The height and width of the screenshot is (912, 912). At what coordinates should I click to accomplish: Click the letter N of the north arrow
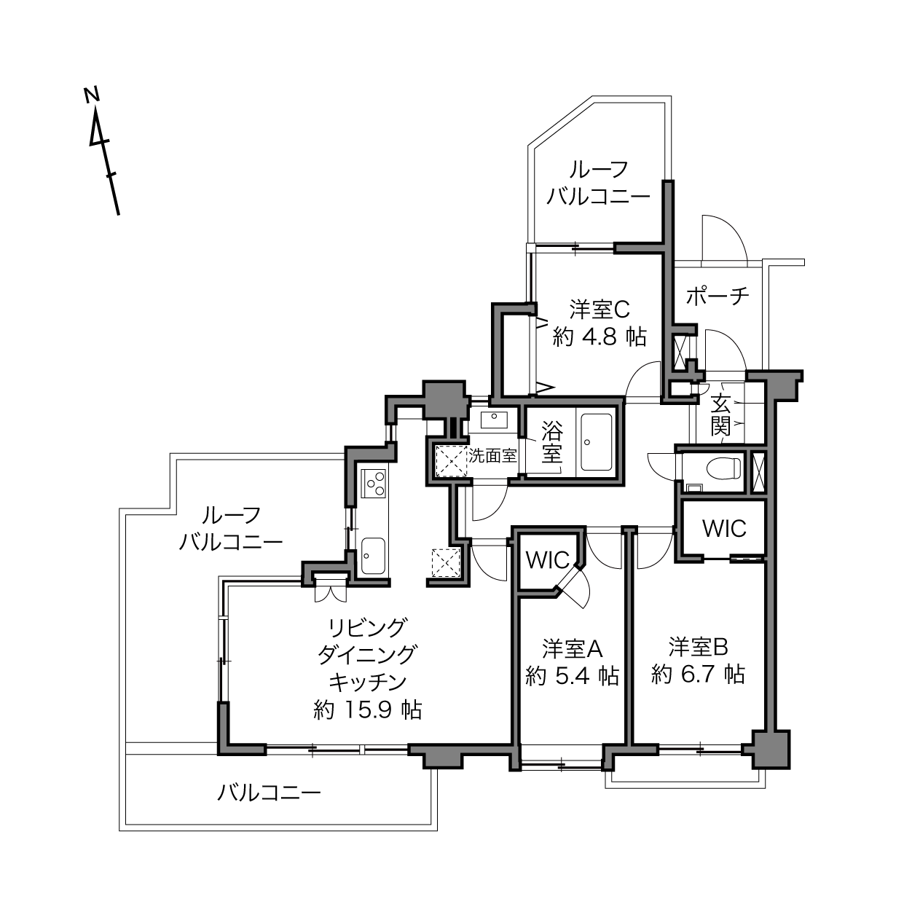tap(92, 95)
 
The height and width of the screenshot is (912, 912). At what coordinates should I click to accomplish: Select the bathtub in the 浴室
tap(597, 442)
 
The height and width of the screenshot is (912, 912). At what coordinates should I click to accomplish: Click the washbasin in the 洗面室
tap(494, 419)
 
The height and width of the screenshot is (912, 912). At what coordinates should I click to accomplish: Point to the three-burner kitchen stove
tap(374, 483)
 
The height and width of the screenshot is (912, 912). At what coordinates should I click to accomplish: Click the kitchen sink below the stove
tap(373, 556)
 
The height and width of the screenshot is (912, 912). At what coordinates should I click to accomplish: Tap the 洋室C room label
tap(600, 310)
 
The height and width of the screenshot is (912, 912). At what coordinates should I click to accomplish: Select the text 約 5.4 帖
tap(573, 676)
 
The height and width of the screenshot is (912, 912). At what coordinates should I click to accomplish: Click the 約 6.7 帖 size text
tap(698, 674)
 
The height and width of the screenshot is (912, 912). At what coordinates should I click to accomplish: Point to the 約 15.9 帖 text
tap(368, 709)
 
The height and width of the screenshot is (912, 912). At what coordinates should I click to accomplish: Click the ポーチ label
tap(718, 296)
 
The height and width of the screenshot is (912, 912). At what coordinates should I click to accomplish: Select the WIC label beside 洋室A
tap(548, 560)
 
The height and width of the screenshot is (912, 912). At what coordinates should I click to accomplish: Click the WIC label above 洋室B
tap(724, 529)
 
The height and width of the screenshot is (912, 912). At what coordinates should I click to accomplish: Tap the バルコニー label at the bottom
tap(269, 793)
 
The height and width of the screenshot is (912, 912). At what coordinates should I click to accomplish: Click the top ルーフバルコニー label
tap(599, 183)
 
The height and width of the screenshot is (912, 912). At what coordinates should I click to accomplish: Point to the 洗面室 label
tap(492, 456)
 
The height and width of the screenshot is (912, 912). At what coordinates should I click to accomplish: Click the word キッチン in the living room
tap(368, 682)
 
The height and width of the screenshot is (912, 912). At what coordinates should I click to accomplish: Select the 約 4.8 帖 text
tap(600, 337)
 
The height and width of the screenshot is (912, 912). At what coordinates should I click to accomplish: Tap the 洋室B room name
tap(698, 647)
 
